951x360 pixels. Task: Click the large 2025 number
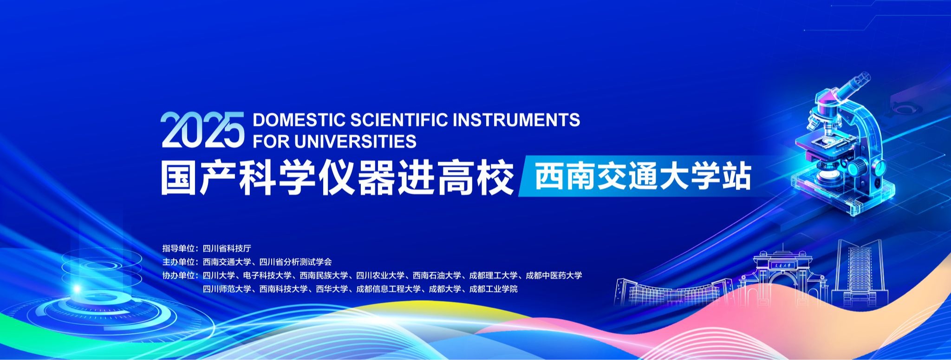pos(202,130)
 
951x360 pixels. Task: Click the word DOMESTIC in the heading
pos(299,120)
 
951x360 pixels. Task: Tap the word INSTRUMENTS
pos(516,120)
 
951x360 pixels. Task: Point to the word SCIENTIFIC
pos(399,120)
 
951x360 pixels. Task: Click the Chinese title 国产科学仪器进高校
pos(338,177)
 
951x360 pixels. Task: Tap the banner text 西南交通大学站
pos(643,177)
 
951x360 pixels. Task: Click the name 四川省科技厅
pos(227,249)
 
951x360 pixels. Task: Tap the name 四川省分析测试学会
pos(295,262)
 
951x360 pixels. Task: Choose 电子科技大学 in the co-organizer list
pos(267,275)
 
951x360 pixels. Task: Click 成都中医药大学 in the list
pos(554,275)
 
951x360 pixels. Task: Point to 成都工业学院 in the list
pos(493,289)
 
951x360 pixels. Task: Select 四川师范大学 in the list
pos(227,289)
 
